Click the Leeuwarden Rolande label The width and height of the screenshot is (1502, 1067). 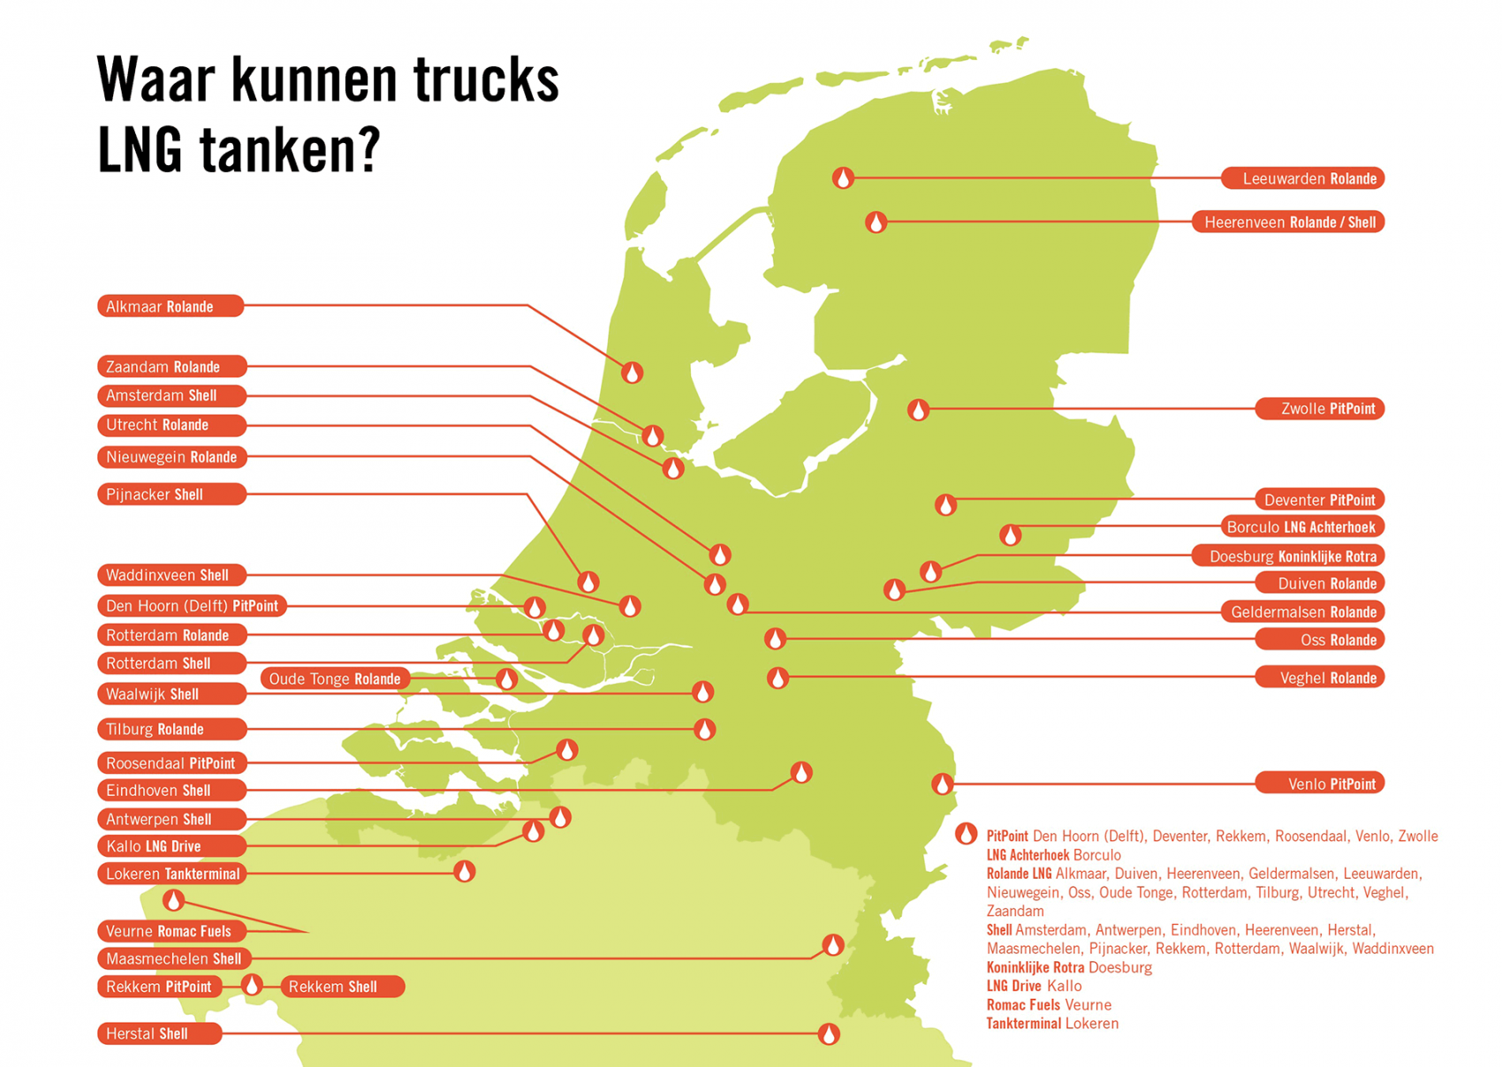point(1302,178)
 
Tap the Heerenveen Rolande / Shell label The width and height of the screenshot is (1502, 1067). point(1288,222)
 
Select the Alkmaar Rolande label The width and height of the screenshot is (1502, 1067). point(170,306)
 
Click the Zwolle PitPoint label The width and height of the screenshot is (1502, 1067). point(1319,409)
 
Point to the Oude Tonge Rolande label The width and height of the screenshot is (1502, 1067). point(335,679)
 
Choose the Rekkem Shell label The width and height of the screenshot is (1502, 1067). point(343,987)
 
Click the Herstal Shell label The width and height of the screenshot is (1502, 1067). point(159,1033)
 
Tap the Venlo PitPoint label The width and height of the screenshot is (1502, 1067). point(1319,783)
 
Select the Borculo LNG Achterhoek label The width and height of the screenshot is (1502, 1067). point(1301,527)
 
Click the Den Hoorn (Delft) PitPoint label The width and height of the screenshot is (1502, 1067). point(192,606)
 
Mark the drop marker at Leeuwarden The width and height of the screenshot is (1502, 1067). point(844,178)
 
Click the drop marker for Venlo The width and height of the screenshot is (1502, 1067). point(943,783)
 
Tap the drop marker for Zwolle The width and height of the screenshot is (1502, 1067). point(919,410)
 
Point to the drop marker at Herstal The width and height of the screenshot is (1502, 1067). point(829,1033)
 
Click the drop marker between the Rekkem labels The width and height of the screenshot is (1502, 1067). point(252,985)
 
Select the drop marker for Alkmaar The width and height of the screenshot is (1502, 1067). point(632,373)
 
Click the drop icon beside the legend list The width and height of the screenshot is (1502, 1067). point(966,834)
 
